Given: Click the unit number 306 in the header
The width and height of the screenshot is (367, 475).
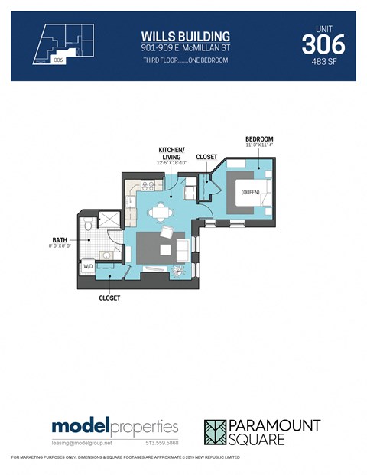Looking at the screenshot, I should pyautogui.click(x=323, y=44).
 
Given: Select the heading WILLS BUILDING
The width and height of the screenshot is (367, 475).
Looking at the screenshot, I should pyautogui.click(x=186, y=36).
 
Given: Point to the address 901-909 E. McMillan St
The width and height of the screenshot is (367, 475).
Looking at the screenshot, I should pyautogui.click(x=186, y=48).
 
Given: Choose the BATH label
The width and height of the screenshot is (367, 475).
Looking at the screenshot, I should pyautogui.click(x=57, y=240).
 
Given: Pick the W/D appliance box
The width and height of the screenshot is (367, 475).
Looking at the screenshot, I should pyautogui.click(x=88, y=266).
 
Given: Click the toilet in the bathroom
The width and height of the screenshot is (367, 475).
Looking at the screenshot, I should pyautogui.click(x=89, y=225).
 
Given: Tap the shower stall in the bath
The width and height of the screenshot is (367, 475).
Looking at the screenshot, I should pyautogui.click(x=112, y=220).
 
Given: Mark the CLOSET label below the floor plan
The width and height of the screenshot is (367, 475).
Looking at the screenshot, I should pyautogui.click(x=109, y=299).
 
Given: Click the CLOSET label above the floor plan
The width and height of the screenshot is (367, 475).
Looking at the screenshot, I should pyautogui.click(x=206, y=157).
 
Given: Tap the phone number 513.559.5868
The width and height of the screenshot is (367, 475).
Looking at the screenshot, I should pyautogui.click(x=161, y=443).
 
